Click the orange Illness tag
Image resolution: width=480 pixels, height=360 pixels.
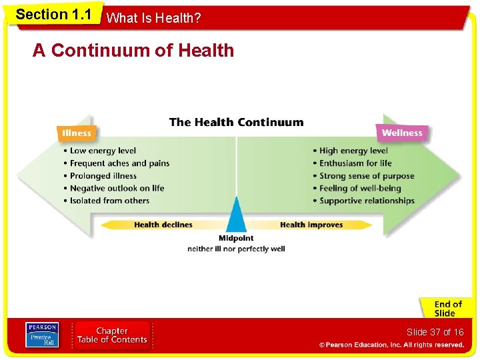point(77,133)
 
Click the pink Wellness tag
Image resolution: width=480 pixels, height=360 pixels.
point(402,133)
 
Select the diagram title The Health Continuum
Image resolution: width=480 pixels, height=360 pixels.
point(236,123)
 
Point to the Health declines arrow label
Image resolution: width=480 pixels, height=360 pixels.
point(163,225)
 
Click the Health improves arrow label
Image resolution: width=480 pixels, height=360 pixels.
point(311,225)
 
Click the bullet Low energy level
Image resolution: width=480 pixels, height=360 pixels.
point(103,151)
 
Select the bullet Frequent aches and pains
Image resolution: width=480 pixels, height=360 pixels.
point(119,163)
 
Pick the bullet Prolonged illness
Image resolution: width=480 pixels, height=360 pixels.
point(103,176)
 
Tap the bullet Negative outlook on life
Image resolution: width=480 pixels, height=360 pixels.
point(117,189)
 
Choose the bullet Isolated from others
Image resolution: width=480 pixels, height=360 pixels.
point(109,201)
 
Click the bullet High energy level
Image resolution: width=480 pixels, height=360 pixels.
point(353,151)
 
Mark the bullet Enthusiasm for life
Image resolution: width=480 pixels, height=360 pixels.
point(355,163)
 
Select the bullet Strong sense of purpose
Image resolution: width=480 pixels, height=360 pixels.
point(367,176)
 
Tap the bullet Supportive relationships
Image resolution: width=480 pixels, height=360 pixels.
point(367,201)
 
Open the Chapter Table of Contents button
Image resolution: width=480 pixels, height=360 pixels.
point(112,335)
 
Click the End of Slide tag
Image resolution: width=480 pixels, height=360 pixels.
point(445,309)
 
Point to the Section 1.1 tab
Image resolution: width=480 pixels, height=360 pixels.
point(53,15)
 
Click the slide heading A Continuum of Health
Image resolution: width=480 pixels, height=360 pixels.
point(133,51)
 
